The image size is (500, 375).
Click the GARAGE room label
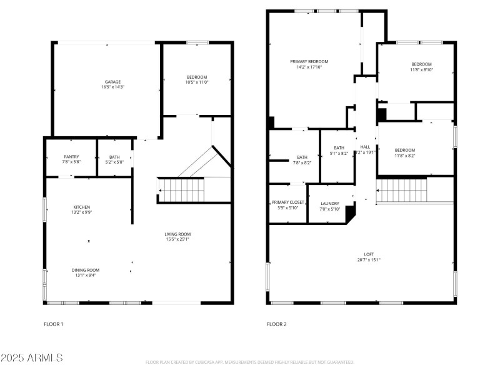(112, 82)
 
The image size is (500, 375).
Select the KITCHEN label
(82, 207)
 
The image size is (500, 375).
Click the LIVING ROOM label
(177, 234)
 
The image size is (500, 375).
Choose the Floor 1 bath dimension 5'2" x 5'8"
(114, 162)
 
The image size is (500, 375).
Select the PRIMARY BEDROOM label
(309, 61)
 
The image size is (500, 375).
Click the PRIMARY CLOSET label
(288, 202)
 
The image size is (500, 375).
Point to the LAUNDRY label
(330, 203)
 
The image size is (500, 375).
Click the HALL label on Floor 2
(366, 147)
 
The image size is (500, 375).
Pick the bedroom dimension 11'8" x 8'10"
(421, 69)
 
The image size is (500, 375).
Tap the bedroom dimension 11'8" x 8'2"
(404, 155)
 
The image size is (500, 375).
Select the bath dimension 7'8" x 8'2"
(302, 162)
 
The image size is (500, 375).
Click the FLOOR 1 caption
(53, 324)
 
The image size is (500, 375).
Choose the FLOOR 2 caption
(276, 324)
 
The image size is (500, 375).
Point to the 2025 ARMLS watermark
(31, 358)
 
